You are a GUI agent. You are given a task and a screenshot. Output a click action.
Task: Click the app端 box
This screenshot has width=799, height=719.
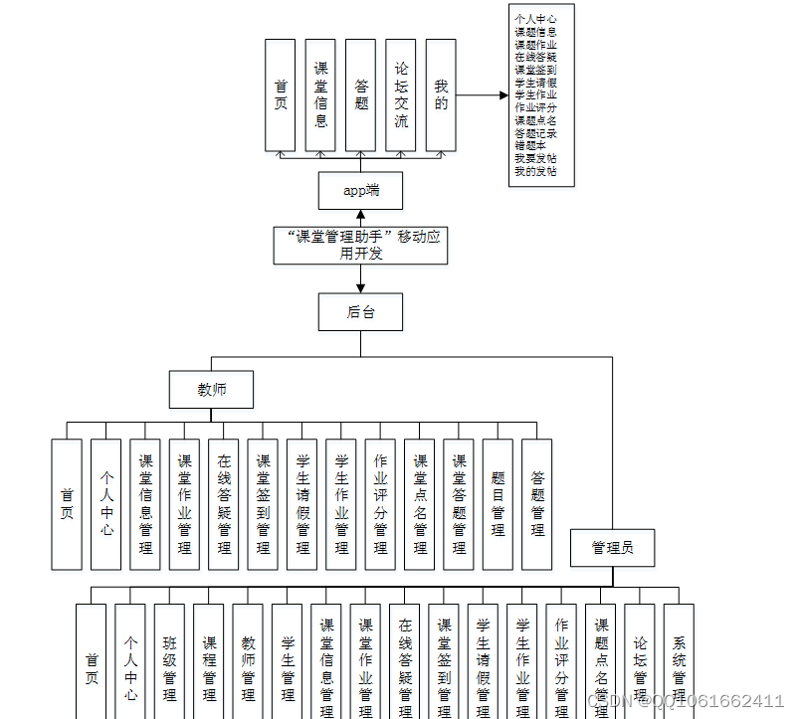point(360,190)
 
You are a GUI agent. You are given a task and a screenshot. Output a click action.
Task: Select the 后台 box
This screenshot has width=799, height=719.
point(360,311)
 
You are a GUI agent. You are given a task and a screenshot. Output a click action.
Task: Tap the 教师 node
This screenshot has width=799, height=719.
point(211,389)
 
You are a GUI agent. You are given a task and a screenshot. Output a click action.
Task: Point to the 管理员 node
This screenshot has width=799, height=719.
point(611,547)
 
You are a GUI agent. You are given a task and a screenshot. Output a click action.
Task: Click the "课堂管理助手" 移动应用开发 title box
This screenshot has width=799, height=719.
point(360,245)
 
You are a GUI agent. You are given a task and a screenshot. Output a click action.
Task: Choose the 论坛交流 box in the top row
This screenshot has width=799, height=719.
point(400,95)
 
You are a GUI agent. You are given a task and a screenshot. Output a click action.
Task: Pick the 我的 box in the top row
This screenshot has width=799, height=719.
point(441,95)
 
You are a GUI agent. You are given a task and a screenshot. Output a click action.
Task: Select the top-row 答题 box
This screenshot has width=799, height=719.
point(360,95)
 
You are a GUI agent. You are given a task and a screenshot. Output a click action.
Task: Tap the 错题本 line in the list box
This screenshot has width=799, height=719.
point(528,145)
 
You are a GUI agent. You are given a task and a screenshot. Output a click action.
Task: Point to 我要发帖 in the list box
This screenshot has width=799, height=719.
point(535,158)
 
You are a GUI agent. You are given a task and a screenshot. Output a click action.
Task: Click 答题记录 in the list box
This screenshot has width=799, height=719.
point(535,132)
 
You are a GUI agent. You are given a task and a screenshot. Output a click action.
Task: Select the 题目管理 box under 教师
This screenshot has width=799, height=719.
point(498,504)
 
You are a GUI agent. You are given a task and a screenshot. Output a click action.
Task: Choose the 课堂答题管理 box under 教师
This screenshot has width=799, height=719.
point(459,504)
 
